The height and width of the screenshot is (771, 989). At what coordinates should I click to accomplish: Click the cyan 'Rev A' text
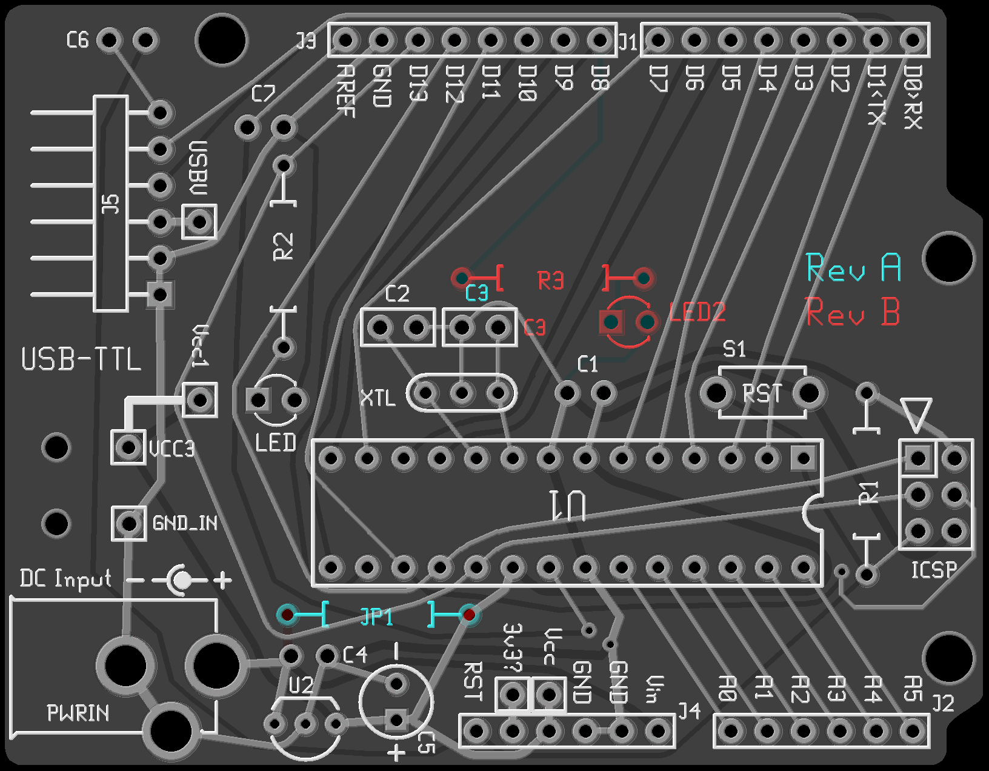[853, 268]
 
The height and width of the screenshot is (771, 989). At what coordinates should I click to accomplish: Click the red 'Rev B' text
[853, 313]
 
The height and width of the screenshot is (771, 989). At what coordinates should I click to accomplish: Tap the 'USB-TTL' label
[81, 359]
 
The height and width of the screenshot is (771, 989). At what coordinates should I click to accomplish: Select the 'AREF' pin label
[345, 90]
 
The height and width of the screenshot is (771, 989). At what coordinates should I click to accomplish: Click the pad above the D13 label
[418, 41]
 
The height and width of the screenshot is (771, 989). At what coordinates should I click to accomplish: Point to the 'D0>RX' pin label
[913, 97]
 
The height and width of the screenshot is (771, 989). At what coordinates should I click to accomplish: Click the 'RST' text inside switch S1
[762, 393]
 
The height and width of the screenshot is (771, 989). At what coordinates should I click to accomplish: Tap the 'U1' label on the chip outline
[567, 506]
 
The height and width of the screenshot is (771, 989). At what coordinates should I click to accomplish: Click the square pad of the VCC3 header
[128, 447]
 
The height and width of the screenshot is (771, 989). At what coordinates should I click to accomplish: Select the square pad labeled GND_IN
[128, 522]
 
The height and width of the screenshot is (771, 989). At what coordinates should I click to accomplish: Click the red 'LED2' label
[697, 313]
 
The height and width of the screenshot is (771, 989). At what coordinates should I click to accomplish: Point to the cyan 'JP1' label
[376, 616]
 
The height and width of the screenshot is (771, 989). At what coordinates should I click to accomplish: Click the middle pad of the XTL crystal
[462, 393]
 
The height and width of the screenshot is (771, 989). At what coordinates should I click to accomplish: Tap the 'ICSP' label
[934, 570]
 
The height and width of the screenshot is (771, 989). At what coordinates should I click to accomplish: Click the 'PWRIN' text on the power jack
[78, 713]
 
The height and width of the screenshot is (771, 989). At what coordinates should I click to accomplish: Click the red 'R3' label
[550, 281]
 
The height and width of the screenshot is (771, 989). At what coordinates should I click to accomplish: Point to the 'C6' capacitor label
[78, 41]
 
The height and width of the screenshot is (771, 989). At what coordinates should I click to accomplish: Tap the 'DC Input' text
[65, 578]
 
